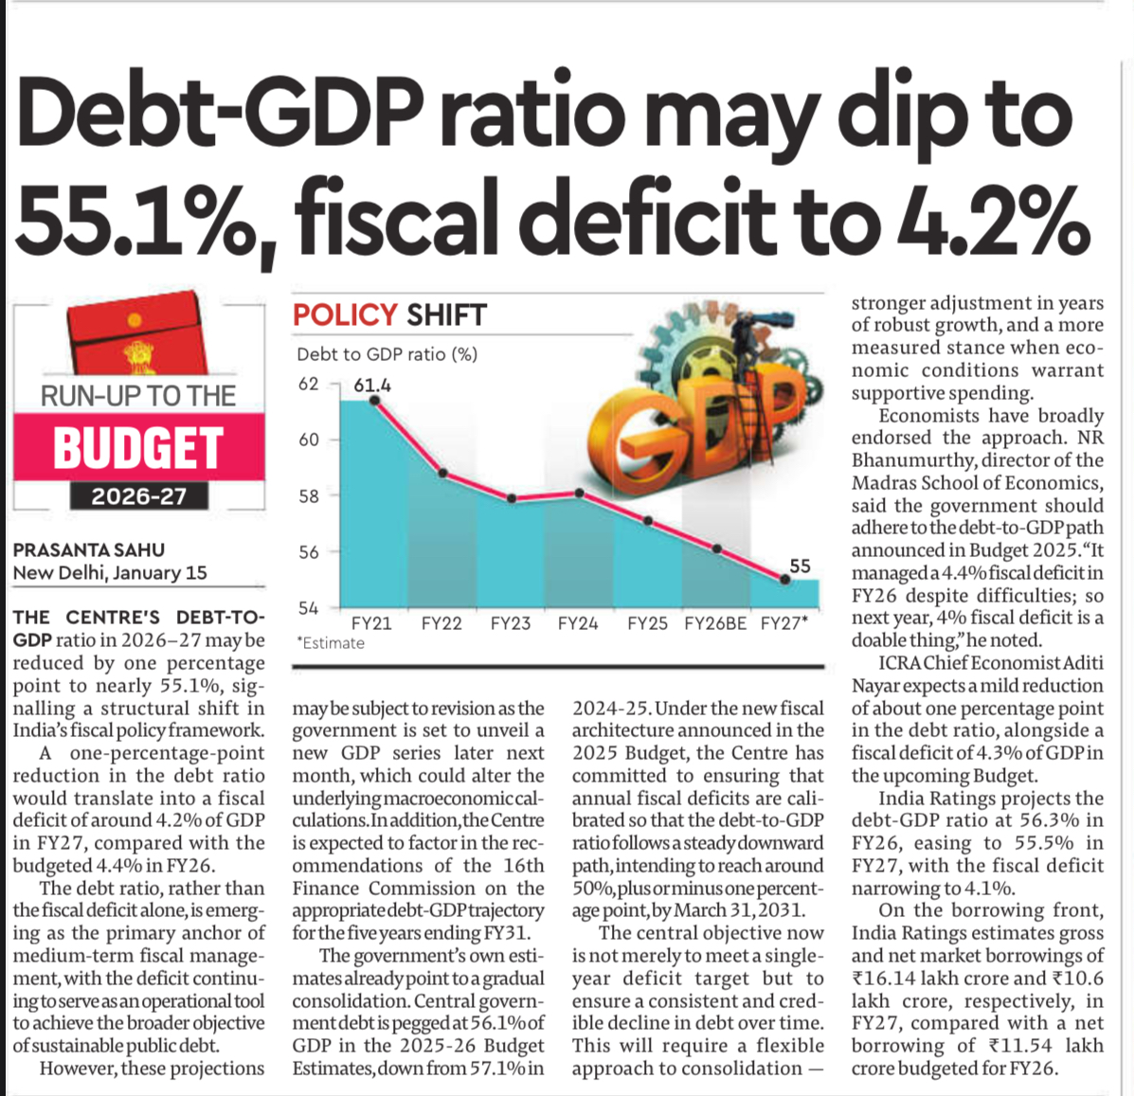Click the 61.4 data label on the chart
[372, 385]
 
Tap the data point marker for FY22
[442, 473]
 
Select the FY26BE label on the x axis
[715, 624]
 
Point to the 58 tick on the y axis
[309, 495]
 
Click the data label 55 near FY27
[801, 566]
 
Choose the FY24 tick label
[578, 624]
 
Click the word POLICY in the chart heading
[345, 314]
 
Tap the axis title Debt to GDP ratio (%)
[387, 354]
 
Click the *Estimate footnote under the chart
[330, 643]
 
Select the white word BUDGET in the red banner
[138, 448]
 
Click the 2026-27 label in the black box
[139, 496]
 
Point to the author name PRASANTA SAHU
[89, 549]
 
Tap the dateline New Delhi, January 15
[110, 573]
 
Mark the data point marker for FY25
[648, 520]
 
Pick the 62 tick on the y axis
[309, 384]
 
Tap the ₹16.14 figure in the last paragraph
[883, 979]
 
